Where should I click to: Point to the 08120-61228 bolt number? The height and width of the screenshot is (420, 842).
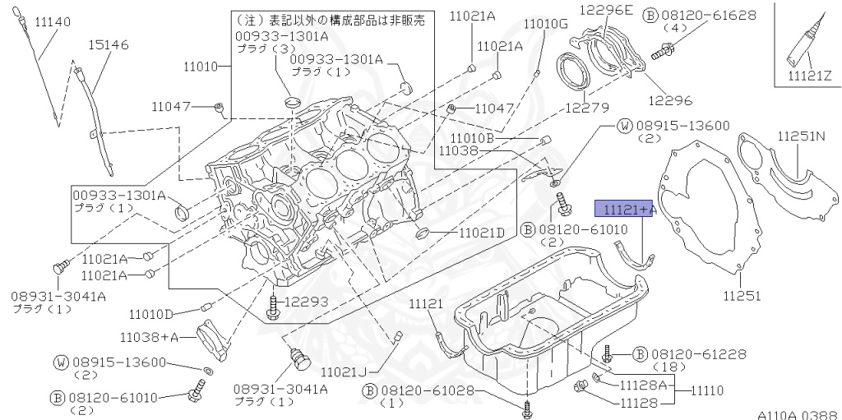tap(699, 354)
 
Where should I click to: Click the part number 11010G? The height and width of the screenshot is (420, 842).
tap(546, 24)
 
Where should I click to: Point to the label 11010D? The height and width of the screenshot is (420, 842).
tap(151, 313)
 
